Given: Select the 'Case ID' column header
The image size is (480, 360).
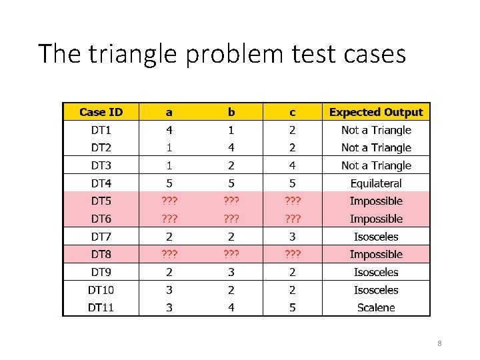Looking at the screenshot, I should tap(101, 112).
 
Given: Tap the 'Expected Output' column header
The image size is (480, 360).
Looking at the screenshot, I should tap(376, 112).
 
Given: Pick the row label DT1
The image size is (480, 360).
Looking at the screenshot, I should tap(101, 130).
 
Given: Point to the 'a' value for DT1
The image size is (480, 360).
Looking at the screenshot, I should tap(169, 130).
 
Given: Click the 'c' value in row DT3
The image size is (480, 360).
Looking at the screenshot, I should tap(292, 165).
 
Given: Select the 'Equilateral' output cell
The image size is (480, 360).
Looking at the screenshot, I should tap(376, 183).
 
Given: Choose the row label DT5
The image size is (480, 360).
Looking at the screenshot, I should tap(101, 201).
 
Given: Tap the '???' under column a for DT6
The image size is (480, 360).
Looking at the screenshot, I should tap(169, 219).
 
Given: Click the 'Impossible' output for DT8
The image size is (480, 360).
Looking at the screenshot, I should tap(376, 254).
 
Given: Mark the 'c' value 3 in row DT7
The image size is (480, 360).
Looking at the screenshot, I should tap(292, 237).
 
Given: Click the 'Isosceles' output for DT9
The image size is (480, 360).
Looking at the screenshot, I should tap(376, 272).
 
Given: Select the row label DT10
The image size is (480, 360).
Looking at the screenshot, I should tap(101, 290).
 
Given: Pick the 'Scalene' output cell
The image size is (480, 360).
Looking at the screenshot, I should tap(376, 307).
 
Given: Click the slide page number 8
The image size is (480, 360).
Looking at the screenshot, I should tap(439, 343).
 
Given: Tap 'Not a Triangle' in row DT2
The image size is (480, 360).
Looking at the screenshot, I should tap(376, 147).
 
